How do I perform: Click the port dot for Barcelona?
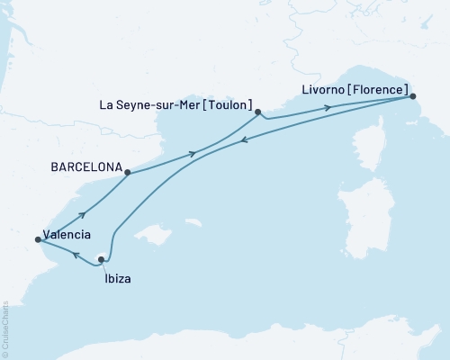[128, 172]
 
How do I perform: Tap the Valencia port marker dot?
[37, 239]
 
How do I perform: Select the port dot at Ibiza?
[101, 259]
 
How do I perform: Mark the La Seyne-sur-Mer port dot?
[258, 112]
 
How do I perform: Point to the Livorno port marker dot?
[413, 95]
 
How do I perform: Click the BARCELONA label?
[85, 167]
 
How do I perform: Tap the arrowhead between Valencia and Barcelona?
[83, 214]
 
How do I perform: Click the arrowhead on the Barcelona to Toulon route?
[192, 154]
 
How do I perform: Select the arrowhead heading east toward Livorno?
[328, 108]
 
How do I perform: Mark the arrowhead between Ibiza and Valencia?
[76, 256]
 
